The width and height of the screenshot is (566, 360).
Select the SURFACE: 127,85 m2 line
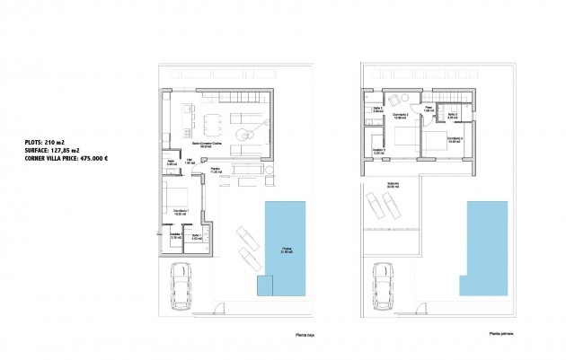coord(53,150)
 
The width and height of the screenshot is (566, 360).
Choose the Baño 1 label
coord(197,238)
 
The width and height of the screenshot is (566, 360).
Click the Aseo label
coord(171,162)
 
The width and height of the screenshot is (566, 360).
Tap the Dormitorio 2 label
coord(402,116)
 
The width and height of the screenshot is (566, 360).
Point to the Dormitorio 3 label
coord(454,139)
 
